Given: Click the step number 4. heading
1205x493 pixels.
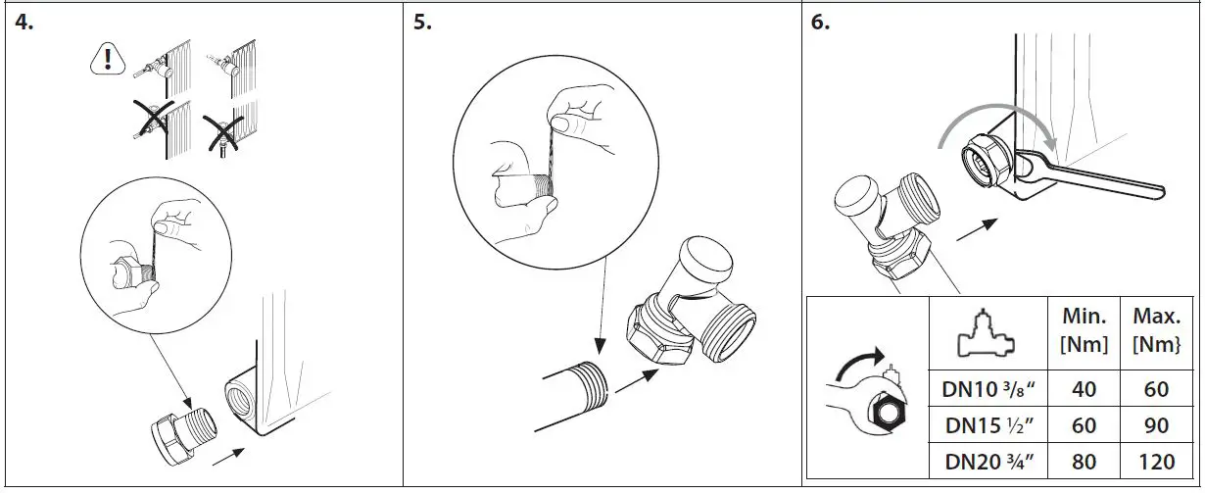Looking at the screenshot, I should point(24,23).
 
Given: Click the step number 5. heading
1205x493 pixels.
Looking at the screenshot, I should point(422,23).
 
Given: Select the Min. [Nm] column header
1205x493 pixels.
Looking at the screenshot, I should point(1085,330).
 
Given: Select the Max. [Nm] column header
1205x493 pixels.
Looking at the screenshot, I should point(1156,330).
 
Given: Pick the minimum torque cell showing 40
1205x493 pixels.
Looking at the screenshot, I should point(1084,390).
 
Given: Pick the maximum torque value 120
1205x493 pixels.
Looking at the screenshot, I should point(1156,461).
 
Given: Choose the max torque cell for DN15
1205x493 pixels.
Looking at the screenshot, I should point(1156,425).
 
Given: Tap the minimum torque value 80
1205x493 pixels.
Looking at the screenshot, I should point(1084,461).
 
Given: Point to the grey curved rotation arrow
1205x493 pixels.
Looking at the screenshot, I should point(989,118).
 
